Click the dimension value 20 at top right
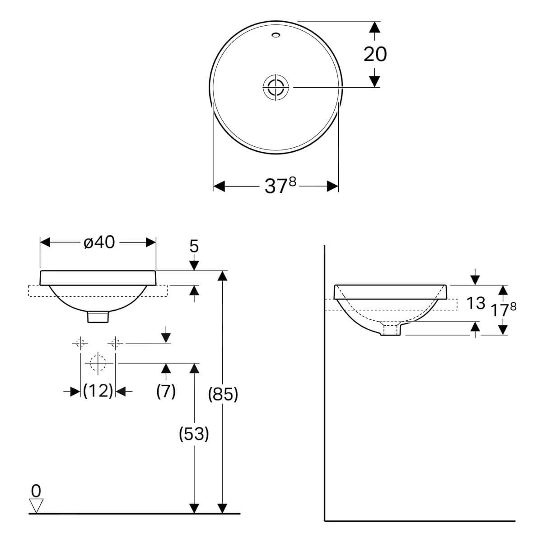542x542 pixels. [x=375, y=54]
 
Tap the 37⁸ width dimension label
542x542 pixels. [x=280, y=186]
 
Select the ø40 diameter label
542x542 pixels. [x=99, y=243]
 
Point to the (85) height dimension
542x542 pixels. [x=222, y=394]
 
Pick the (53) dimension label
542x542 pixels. [x=194, y=434]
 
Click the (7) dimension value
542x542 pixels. [x=166, y=391]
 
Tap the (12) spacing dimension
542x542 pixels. [x=98, y=391]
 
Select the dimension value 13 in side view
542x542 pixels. [x=475, y=304]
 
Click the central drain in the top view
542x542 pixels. [x=276, y=86]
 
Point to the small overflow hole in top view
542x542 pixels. [x=276, y=34]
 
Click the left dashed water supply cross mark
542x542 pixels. [x=80, y=343]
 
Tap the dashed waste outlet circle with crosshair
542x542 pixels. [x=98, y=363]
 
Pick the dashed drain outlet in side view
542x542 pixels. [x=391, y=329]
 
